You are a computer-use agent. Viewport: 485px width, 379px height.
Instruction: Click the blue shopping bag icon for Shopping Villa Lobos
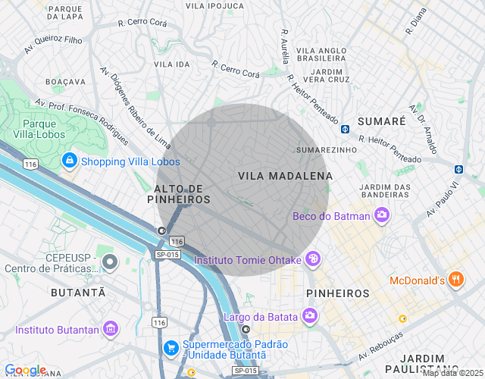(70, 161)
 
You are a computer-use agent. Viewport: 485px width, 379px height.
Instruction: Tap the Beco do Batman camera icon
(382, 216)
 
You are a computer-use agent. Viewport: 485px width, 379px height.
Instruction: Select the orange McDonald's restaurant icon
(455, 279)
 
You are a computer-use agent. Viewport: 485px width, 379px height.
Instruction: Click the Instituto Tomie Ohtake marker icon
(312, 260)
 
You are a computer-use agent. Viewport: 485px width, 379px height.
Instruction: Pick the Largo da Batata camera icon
(309, 315)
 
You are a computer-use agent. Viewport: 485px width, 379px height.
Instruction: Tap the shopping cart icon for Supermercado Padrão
(172, 348)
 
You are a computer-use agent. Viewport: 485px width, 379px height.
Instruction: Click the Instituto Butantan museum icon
(111, 330)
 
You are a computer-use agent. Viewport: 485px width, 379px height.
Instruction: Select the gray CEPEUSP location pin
(110, 262)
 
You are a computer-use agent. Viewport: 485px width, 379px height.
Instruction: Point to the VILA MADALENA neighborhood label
(285, 176)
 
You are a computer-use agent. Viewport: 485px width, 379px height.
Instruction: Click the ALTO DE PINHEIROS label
(182, 193)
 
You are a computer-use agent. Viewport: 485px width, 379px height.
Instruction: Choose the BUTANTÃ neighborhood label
(77, 292)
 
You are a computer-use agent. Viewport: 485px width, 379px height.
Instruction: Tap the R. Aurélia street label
(285, 49)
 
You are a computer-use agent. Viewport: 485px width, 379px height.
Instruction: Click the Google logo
(25, 369)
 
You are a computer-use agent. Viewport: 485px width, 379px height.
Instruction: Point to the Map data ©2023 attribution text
(452, 373)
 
